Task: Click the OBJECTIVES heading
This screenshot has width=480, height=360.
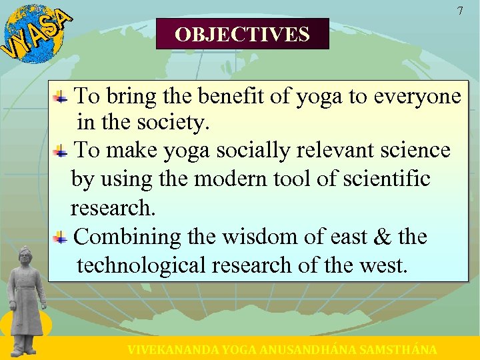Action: [x=242, y=34]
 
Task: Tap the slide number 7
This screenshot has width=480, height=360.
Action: [x=459, y=11]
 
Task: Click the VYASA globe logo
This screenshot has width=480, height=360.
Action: [x=33, y=33]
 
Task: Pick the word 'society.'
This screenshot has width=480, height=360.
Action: [x=172, y=123]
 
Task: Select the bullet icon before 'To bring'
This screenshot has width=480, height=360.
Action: [x=61, y=97]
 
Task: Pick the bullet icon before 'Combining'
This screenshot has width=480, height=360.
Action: [x=61, y=237]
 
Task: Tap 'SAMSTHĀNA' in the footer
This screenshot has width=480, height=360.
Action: [x=398, y=349]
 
